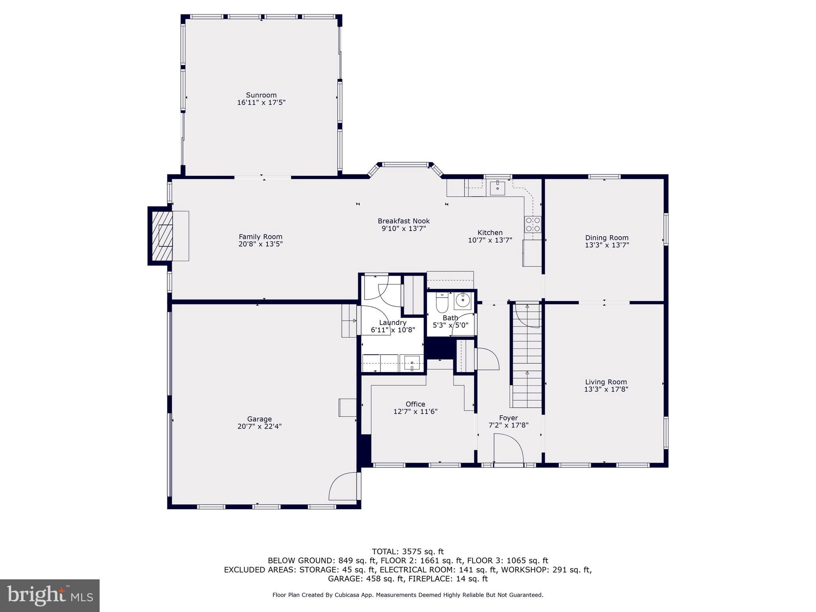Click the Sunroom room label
[x=261, y=95]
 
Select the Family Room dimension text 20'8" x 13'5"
[x=261, y=244]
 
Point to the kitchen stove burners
[x=533, y=224]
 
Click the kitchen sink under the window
[x=497, y=187]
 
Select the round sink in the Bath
[x=463, y=301]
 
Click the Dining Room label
[x=606, y=237]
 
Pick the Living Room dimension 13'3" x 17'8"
[x=606, y=389]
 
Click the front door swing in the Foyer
[x=508, y=449]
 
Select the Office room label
[x=415, y=404]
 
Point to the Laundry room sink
[x=412, y=363]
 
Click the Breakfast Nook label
[x=404, y=221]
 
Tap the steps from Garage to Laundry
[x=349, y=321]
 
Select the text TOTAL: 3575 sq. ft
[x=408, y=551]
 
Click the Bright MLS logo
[x=49, y=595]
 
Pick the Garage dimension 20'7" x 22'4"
[x=259, y=426]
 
